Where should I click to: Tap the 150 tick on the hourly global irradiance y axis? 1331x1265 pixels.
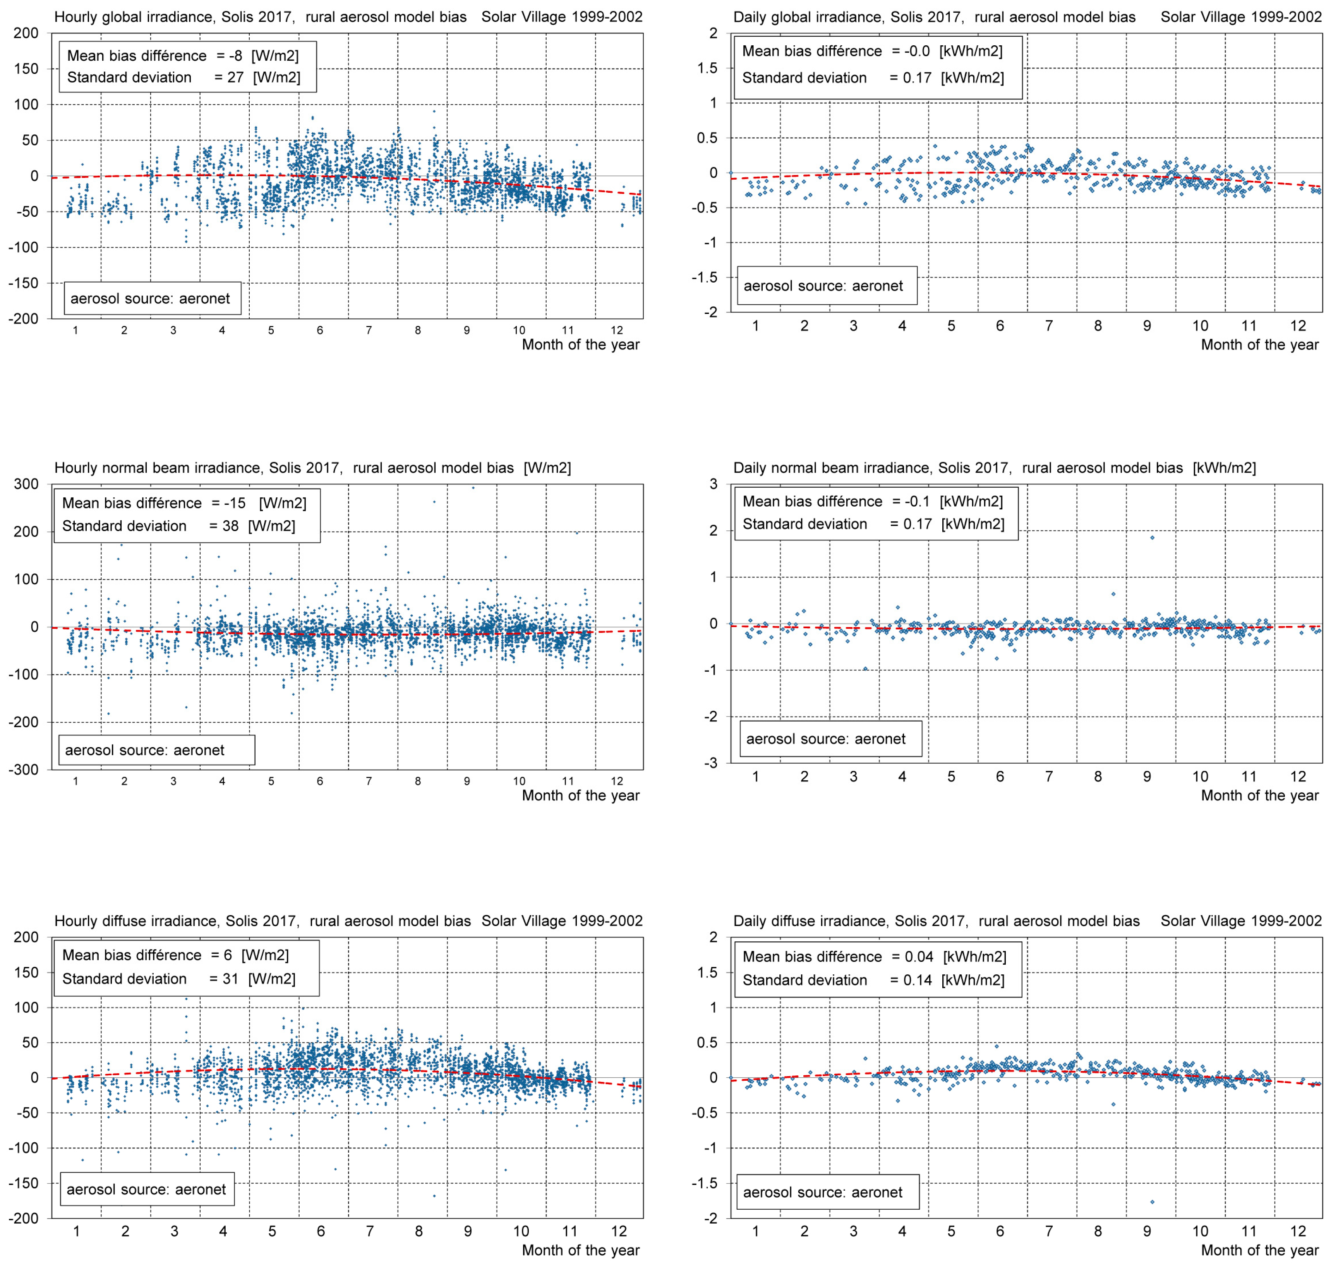(26, 69)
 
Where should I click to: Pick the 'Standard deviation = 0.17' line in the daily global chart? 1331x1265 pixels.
(873, 78)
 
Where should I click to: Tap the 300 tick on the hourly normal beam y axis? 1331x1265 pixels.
(26, 484)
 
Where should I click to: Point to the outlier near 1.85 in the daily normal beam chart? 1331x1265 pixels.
(1152, 537)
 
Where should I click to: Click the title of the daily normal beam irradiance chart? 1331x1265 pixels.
(994, 468)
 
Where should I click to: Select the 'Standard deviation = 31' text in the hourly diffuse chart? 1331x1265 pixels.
(179, 979)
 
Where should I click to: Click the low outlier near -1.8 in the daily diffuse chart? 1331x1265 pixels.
(1152, 1202)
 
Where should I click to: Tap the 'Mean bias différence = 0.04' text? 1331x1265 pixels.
(874, 957)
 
